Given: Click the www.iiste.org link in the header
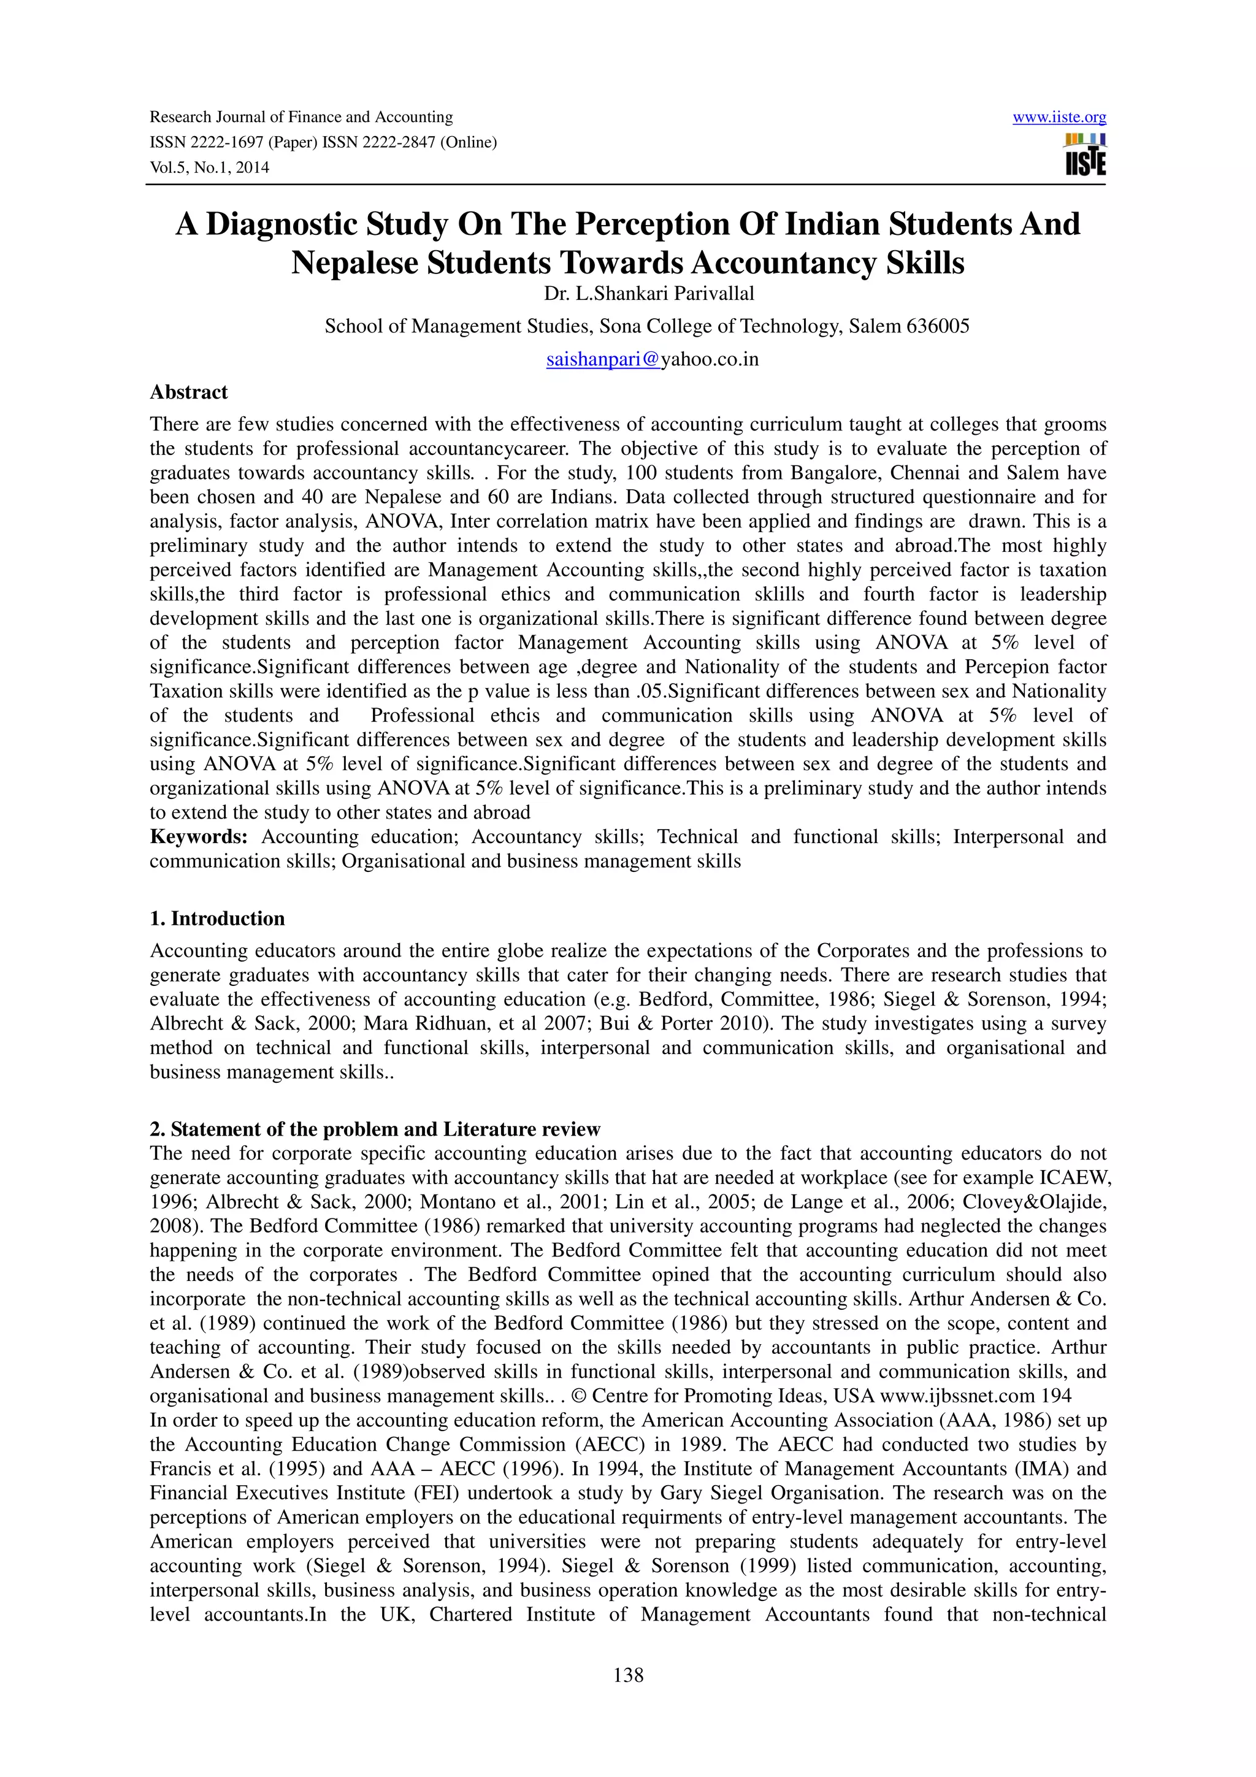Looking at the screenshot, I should pos(1059,118).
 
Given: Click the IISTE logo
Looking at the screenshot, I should pos(1085,155).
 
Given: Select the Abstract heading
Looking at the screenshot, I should pos(189,392).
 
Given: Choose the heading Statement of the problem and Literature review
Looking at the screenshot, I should pos(385,1129).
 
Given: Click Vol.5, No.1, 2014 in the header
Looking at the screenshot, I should pos(209,167).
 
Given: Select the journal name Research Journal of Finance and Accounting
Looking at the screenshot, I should pos(301,118).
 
